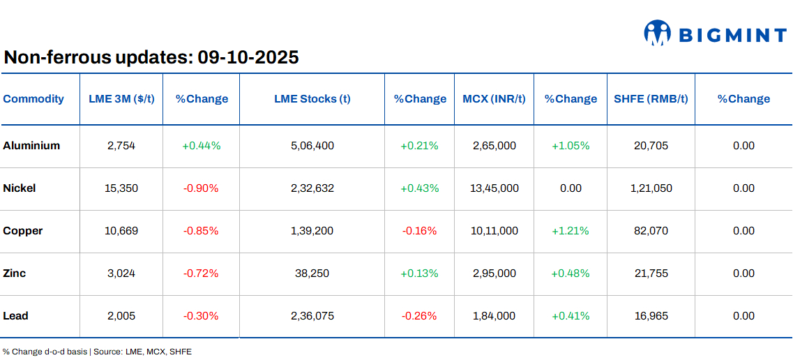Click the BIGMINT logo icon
coord(657,33)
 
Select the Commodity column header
coord(33,99)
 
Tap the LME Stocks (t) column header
coord(312,99)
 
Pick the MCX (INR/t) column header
coord(494,99)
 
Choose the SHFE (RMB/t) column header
coord(651,99)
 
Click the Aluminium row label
coord(31,146)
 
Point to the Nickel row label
coord(20,188)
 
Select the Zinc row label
coord(15,273)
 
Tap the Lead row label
coord(15,316)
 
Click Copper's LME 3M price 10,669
coord(121,231)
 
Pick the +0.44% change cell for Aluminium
coord(201,146)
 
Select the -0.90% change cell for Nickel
coord(201,188)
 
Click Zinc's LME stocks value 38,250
coord(312,273)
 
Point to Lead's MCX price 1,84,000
coord(494,316)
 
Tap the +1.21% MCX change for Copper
coord(571,231)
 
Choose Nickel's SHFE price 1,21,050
coord(651,188)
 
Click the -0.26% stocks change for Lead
coord(419,316)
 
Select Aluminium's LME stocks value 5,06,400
coord(312,146)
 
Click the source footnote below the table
coord(97,352)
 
